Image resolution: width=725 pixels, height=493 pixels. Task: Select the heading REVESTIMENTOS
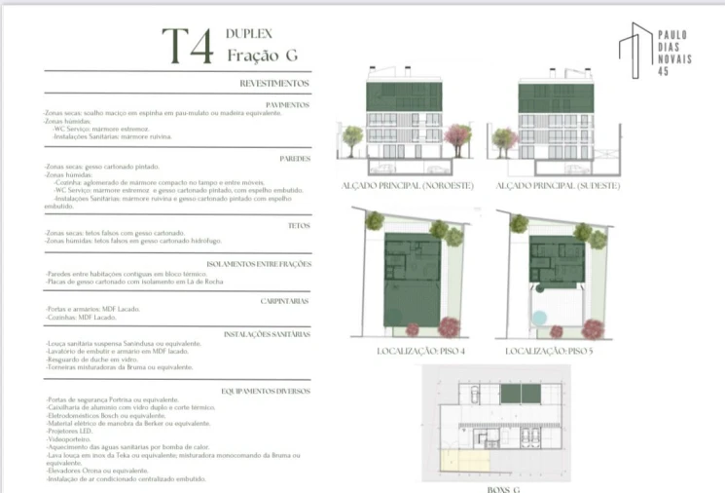click(274, 85)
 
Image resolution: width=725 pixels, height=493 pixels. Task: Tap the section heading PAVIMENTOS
click(288, 104)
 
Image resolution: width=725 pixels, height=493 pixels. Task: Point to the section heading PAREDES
click(295, 157)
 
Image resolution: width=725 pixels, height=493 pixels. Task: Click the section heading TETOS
click(299, 224)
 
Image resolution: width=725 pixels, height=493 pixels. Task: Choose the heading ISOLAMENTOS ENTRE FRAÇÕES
click(259, 264)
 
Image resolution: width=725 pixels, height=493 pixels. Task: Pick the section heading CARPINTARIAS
click(286, 302)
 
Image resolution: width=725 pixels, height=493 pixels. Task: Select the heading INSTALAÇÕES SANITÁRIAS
click(267, 334)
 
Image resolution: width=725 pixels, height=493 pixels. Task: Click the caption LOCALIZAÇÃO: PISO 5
click(551, 350)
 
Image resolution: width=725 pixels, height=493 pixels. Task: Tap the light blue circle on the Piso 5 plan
click(539, 317)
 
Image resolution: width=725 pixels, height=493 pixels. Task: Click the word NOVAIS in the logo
click(672, 59)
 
